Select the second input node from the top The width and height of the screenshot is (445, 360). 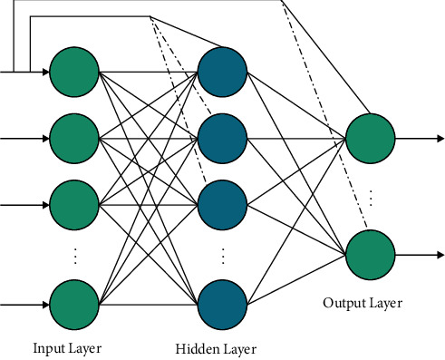coord(74,138)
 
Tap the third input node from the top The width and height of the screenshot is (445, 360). coord(74,203)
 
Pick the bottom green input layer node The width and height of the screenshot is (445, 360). coord(74,305)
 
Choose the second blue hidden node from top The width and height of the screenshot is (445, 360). coord(221,138)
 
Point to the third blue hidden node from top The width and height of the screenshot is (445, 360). coord(221,203)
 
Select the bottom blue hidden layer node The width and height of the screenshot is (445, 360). coord(221,305)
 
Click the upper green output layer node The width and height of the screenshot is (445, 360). coord(369,138)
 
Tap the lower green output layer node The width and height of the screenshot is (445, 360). coord(369,253)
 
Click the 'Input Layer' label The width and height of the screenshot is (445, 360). coord(68,347)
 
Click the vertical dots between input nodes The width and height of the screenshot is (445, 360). coord(74,255)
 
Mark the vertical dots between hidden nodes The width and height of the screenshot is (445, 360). coord(221,255)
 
